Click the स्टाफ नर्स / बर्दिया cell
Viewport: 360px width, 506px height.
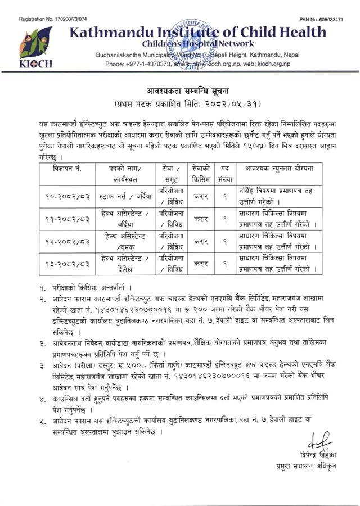click(x=124, y=197)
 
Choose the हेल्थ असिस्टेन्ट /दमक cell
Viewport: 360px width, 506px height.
click(x=124, y=241)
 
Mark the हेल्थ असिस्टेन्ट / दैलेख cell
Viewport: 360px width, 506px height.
click(x=124, y=263)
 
